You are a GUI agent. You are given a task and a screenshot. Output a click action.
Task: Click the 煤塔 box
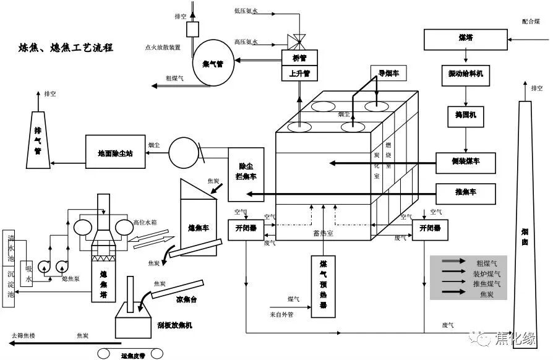465,39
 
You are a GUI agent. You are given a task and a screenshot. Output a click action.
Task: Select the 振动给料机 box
465,74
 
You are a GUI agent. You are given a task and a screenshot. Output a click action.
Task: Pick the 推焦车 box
465,193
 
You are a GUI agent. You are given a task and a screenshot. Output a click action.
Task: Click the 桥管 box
300,58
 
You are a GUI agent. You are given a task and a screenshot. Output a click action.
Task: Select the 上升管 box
300,73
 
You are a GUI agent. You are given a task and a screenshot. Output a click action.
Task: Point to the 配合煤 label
531,21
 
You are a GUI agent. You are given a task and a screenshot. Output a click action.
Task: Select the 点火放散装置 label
163,47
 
